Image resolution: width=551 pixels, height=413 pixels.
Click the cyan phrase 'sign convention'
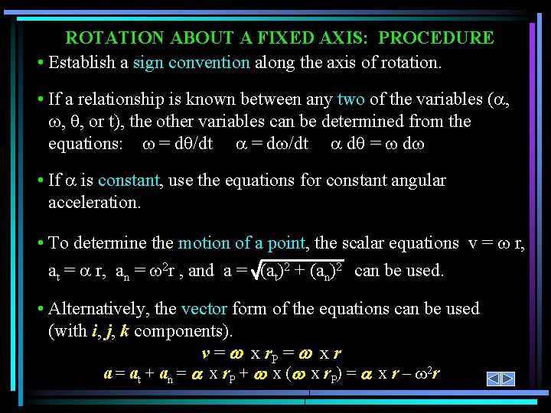click(191, 62)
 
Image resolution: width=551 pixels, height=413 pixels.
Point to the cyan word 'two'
click(350, 99)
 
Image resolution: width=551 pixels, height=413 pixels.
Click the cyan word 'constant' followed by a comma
click(129, 180)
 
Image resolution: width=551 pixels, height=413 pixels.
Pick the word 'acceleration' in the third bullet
click(93, 202)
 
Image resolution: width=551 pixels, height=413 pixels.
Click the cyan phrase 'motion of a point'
click(242, 242)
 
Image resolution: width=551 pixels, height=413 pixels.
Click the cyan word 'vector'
click(204, 308)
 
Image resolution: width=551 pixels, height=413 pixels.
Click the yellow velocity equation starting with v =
click(271, 353)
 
